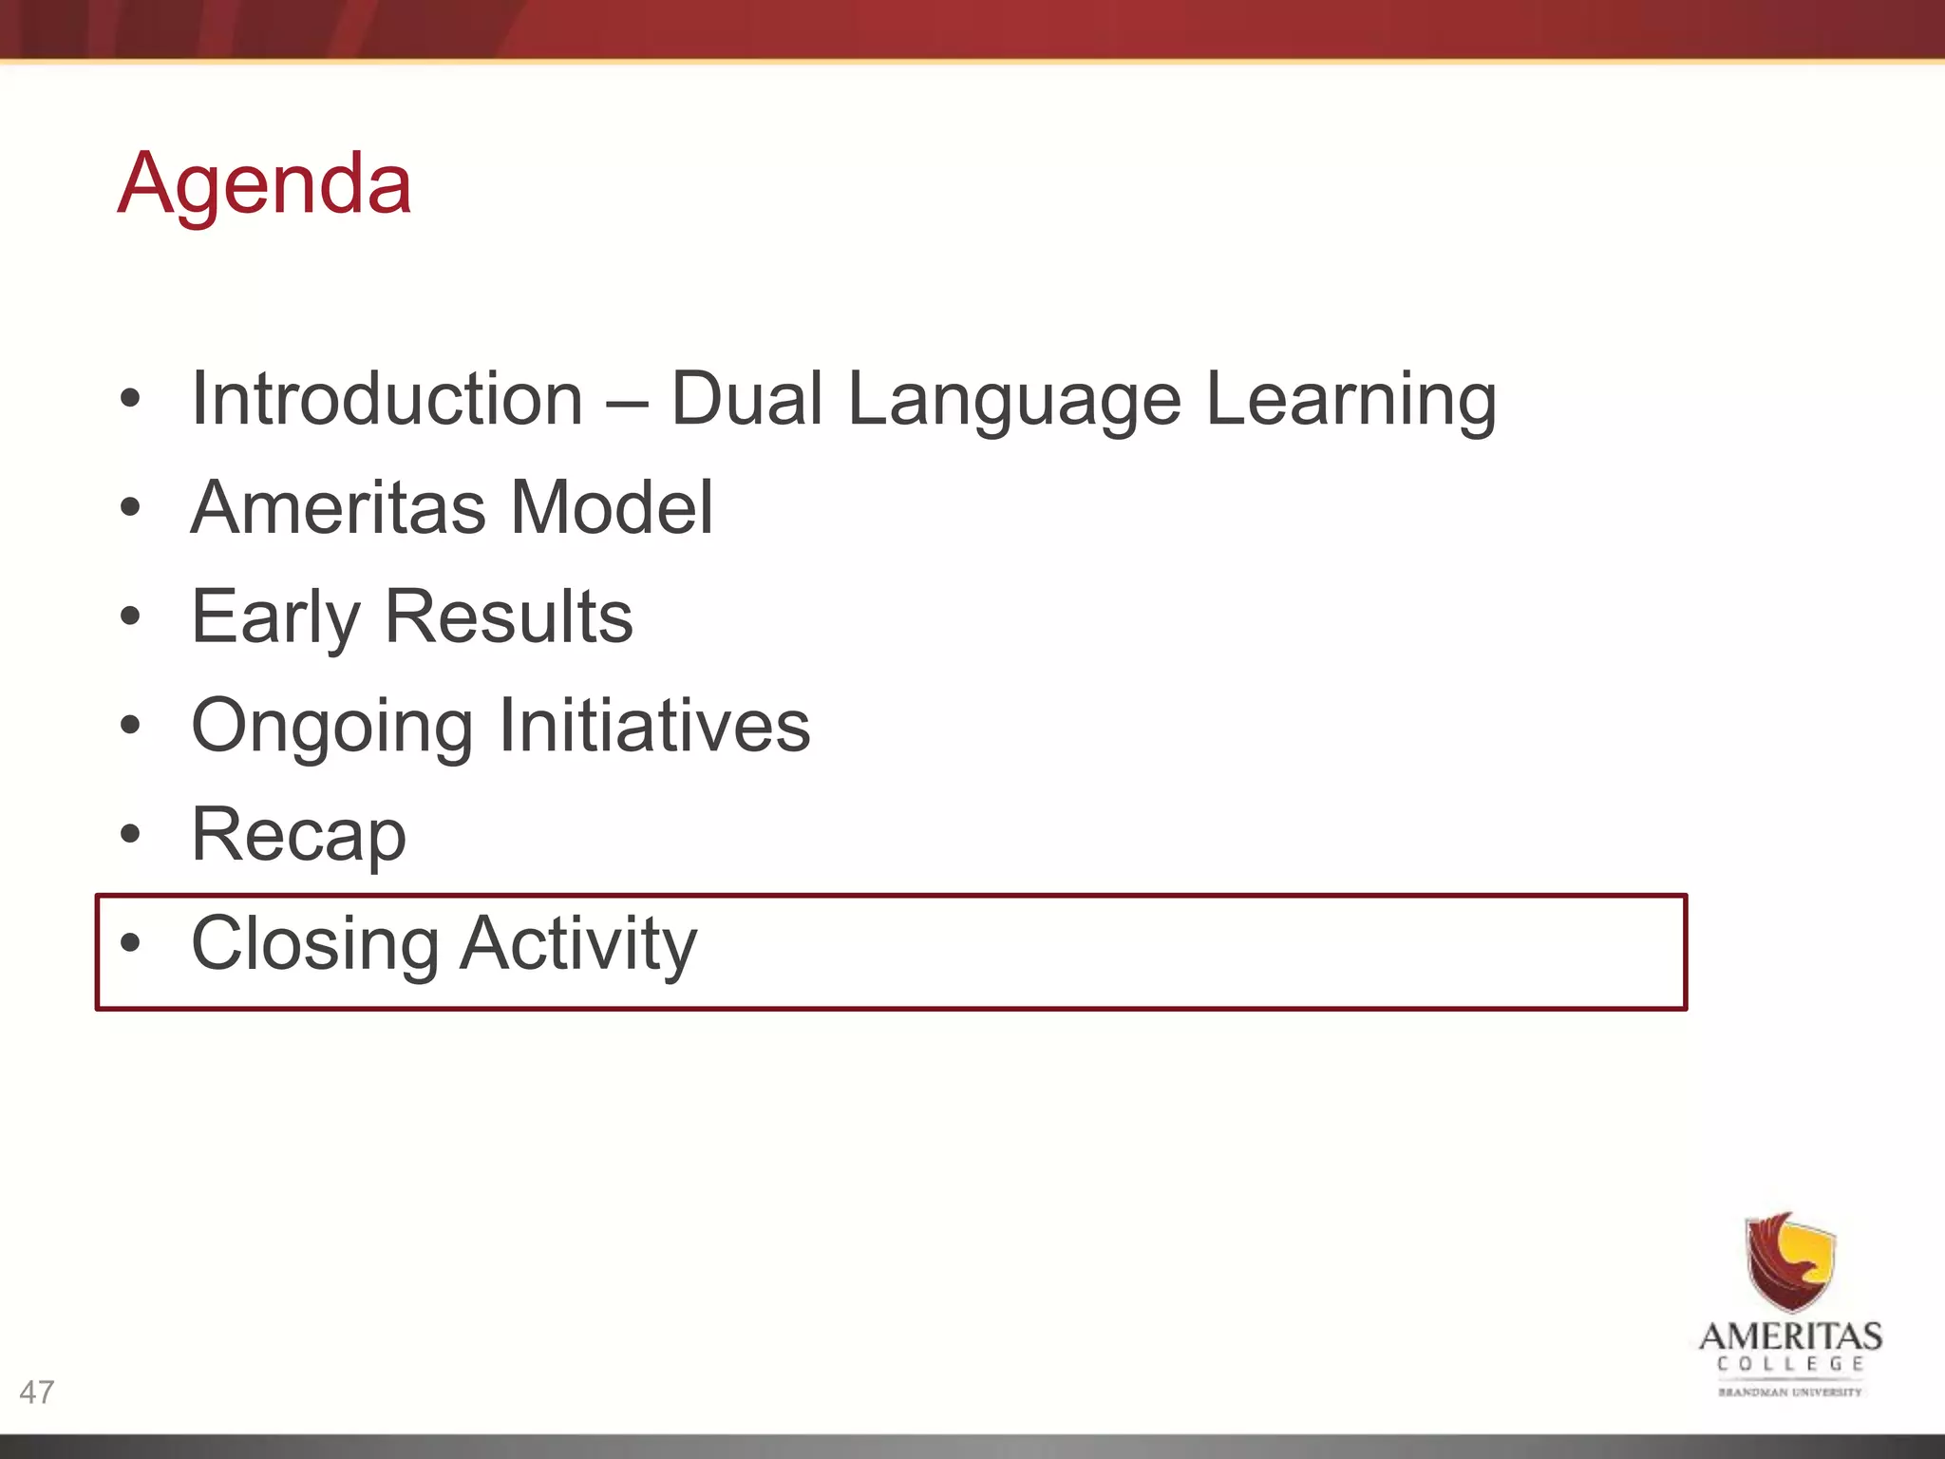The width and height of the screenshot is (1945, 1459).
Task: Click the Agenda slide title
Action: pos(264,183)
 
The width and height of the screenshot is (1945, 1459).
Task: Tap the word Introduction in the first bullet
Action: pos(387,399)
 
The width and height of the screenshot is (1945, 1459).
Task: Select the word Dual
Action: pos(746,399)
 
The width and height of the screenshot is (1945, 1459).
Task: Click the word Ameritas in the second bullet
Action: pos(338,507)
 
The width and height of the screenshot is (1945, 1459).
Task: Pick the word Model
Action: pos(612,507)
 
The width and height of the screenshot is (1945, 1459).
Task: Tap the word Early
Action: pos(275,617)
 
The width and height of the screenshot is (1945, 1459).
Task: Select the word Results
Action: pos(508,617)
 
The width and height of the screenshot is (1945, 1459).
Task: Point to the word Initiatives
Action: pos(653,726)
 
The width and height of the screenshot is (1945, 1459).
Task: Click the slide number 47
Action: pos(37,1393)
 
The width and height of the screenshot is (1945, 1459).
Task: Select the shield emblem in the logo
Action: pos(1790,1261)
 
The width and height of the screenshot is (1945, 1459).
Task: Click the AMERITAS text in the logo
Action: pos(1790,1336)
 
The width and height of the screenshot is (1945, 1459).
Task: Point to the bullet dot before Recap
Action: pos(130,835)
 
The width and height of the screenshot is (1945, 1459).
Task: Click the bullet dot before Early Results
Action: pos(130,616)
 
